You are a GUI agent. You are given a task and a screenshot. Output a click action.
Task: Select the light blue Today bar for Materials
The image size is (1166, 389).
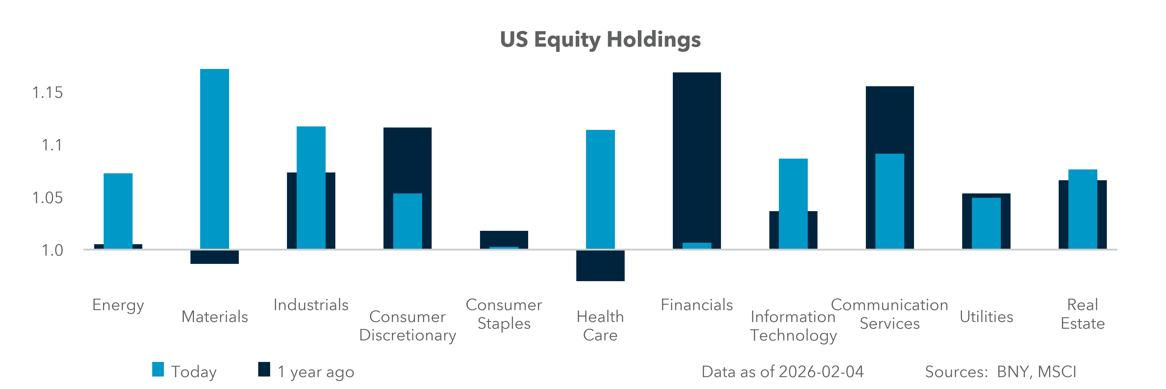(x=215, y=158)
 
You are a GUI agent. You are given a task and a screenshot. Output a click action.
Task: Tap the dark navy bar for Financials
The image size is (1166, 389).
(x=697, y=154)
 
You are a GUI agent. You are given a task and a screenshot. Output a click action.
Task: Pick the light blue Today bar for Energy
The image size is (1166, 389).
(x=118, y=210)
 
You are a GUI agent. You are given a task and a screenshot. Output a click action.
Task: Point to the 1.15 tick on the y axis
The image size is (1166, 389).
(x=48, y=93)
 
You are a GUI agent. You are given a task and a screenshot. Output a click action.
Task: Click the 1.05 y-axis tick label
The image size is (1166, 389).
(x=48, y=198)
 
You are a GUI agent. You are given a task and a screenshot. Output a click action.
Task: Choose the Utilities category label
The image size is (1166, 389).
(x=986, y=317)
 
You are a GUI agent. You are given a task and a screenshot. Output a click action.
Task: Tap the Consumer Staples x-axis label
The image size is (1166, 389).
(x=504, y=314)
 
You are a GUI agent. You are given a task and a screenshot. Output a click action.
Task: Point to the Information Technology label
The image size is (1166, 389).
(x=793, y=326)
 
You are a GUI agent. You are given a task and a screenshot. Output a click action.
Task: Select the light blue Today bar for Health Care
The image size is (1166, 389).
(x=600, y=189)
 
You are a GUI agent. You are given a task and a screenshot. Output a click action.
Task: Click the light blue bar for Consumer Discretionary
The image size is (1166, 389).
(x=407, y=221)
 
